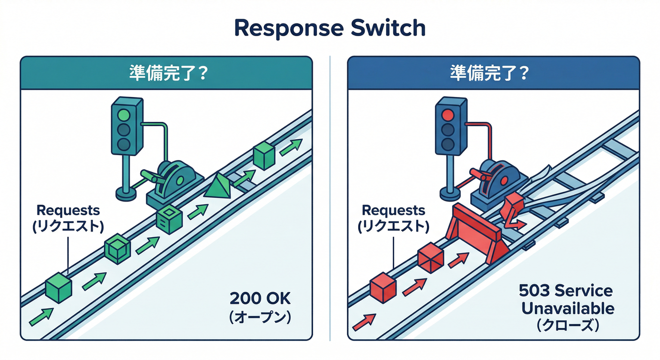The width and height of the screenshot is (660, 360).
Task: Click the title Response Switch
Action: point(330,28)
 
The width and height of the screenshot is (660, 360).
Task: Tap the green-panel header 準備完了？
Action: point(167,74)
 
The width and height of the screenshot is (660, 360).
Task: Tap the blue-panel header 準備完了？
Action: point(493,74)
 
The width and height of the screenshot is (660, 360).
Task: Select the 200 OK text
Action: point(260,298)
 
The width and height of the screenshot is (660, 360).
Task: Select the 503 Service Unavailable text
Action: point(566,300)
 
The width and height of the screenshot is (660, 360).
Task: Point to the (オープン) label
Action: point(260,317)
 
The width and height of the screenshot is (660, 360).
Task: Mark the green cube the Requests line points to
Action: point(59,287)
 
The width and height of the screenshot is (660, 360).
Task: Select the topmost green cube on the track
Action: point(263,156)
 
